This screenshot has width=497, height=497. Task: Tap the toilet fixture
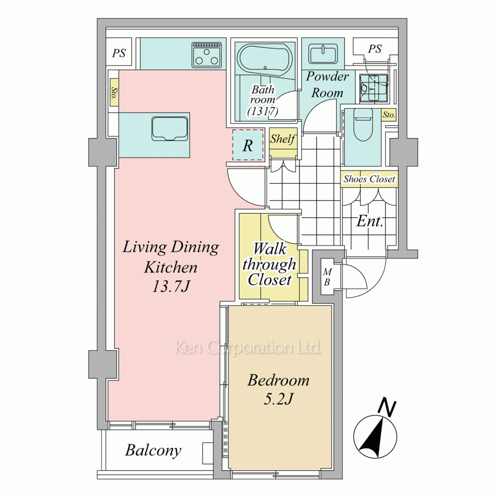click(362, 126)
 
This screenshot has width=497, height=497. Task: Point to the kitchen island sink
click(170, 129)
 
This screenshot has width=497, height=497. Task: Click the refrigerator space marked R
click(248, 145)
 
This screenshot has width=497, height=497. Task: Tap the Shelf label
click(283, 139)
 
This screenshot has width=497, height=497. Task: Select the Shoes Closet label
click(369, 179)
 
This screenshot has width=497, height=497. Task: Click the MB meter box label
click(328, 277)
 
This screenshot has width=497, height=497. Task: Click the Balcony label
click(154, 450)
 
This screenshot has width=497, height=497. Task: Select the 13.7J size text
click(171, 287)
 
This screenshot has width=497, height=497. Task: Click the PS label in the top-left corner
click(119, 53)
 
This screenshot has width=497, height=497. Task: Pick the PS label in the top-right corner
click(375, 49)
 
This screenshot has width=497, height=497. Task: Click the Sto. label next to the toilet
click(389, 114)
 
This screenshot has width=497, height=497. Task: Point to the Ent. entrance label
click(370, 221)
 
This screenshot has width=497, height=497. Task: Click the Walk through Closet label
click(269, 265)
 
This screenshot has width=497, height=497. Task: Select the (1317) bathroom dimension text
click(263, 111)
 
